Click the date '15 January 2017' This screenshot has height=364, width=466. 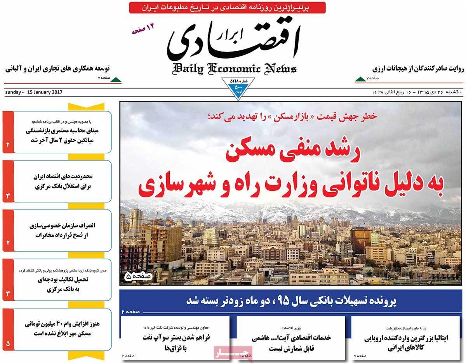coord(43,92)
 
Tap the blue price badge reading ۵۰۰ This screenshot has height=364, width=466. coord(238,89)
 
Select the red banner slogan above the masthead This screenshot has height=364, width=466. coord(227,7)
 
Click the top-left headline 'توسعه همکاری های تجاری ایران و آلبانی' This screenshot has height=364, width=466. coord(57,69)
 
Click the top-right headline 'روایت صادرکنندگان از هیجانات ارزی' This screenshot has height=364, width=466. coord(418,69)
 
